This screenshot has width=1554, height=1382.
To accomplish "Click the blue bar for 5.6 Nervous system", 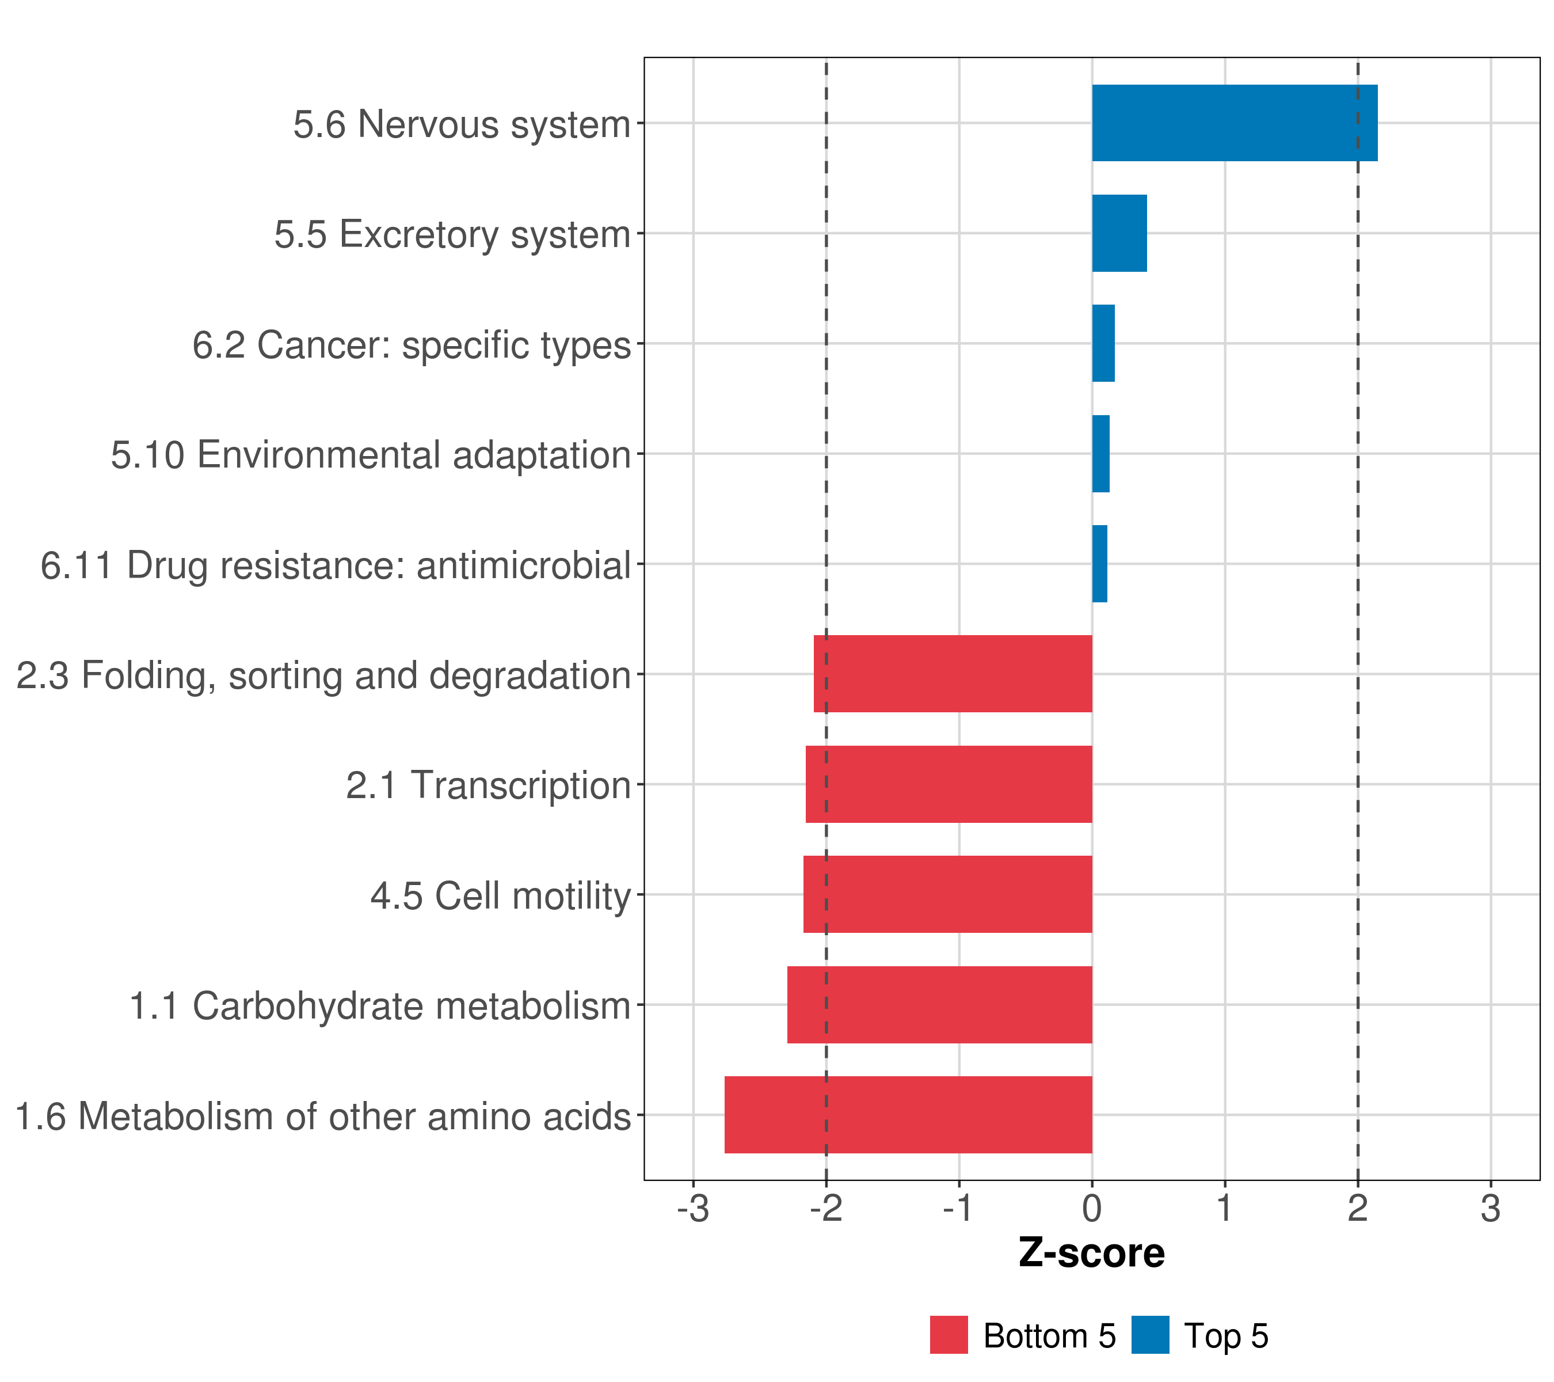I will coord(1234,123).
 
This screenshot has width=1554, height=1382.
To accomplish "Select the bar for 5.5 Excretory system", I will coord(1119,234).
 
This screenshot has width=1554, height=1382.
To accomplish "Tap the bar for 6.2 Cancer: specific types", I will coord(1103,344).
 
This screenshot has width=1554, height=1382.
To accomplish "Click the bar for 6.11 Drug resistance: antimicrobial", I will coord(1099,564).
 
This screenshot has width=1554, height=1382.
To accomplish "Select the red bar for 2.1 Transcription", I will coord(949,784).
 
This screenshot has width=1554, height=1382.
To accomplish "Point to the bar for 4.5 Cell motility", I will coord(947,894).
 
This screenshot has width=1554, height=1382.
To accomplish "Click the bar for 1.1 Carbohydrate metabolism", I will coord(940,1005).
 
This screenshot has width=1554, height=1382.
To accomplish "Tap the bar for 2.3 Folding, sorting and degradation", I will coord(953,674).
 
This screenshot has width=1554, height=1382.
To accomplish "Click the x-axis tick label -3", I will coord(692,1209).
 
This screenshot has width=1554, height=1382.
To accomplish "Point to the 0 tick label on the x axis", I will coord(1092,1209).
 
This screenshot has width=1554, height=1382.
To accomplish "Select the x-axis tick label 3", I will coord(1491,1209).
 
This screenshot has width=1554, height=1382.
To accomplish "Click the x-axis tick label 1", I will coord(1225,1209).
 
